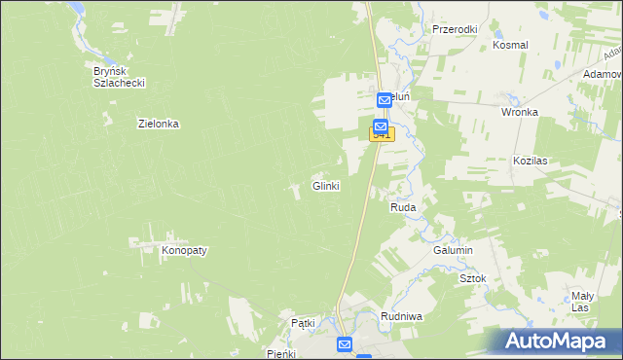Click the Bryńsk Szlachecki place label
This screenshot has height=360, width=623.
(119, 77)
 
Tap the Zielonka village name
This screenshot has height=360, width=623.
(159, 124)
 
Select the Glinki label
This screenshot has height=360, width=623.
(325, 186)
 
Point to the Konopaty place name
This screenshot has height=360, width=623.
(184, 250)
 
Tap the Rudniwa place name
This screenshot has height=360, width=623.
(400, 315)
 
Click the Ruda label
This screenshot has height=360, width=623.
(404, 208)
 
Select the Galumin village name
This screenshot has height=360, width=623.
(453, 250)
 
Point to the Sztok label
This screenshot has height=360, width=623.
(472, 278)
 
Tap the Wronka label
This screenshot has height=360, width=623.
(520, 112)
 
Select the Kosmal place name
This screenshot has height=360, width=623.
(510, 45)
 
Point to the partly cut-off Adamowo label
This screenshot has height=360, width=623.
(603, 74)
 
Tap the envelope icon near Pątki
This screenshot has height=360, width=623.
(345, 344)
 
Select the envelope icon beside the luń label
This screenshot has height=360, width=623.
(385, 99)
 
